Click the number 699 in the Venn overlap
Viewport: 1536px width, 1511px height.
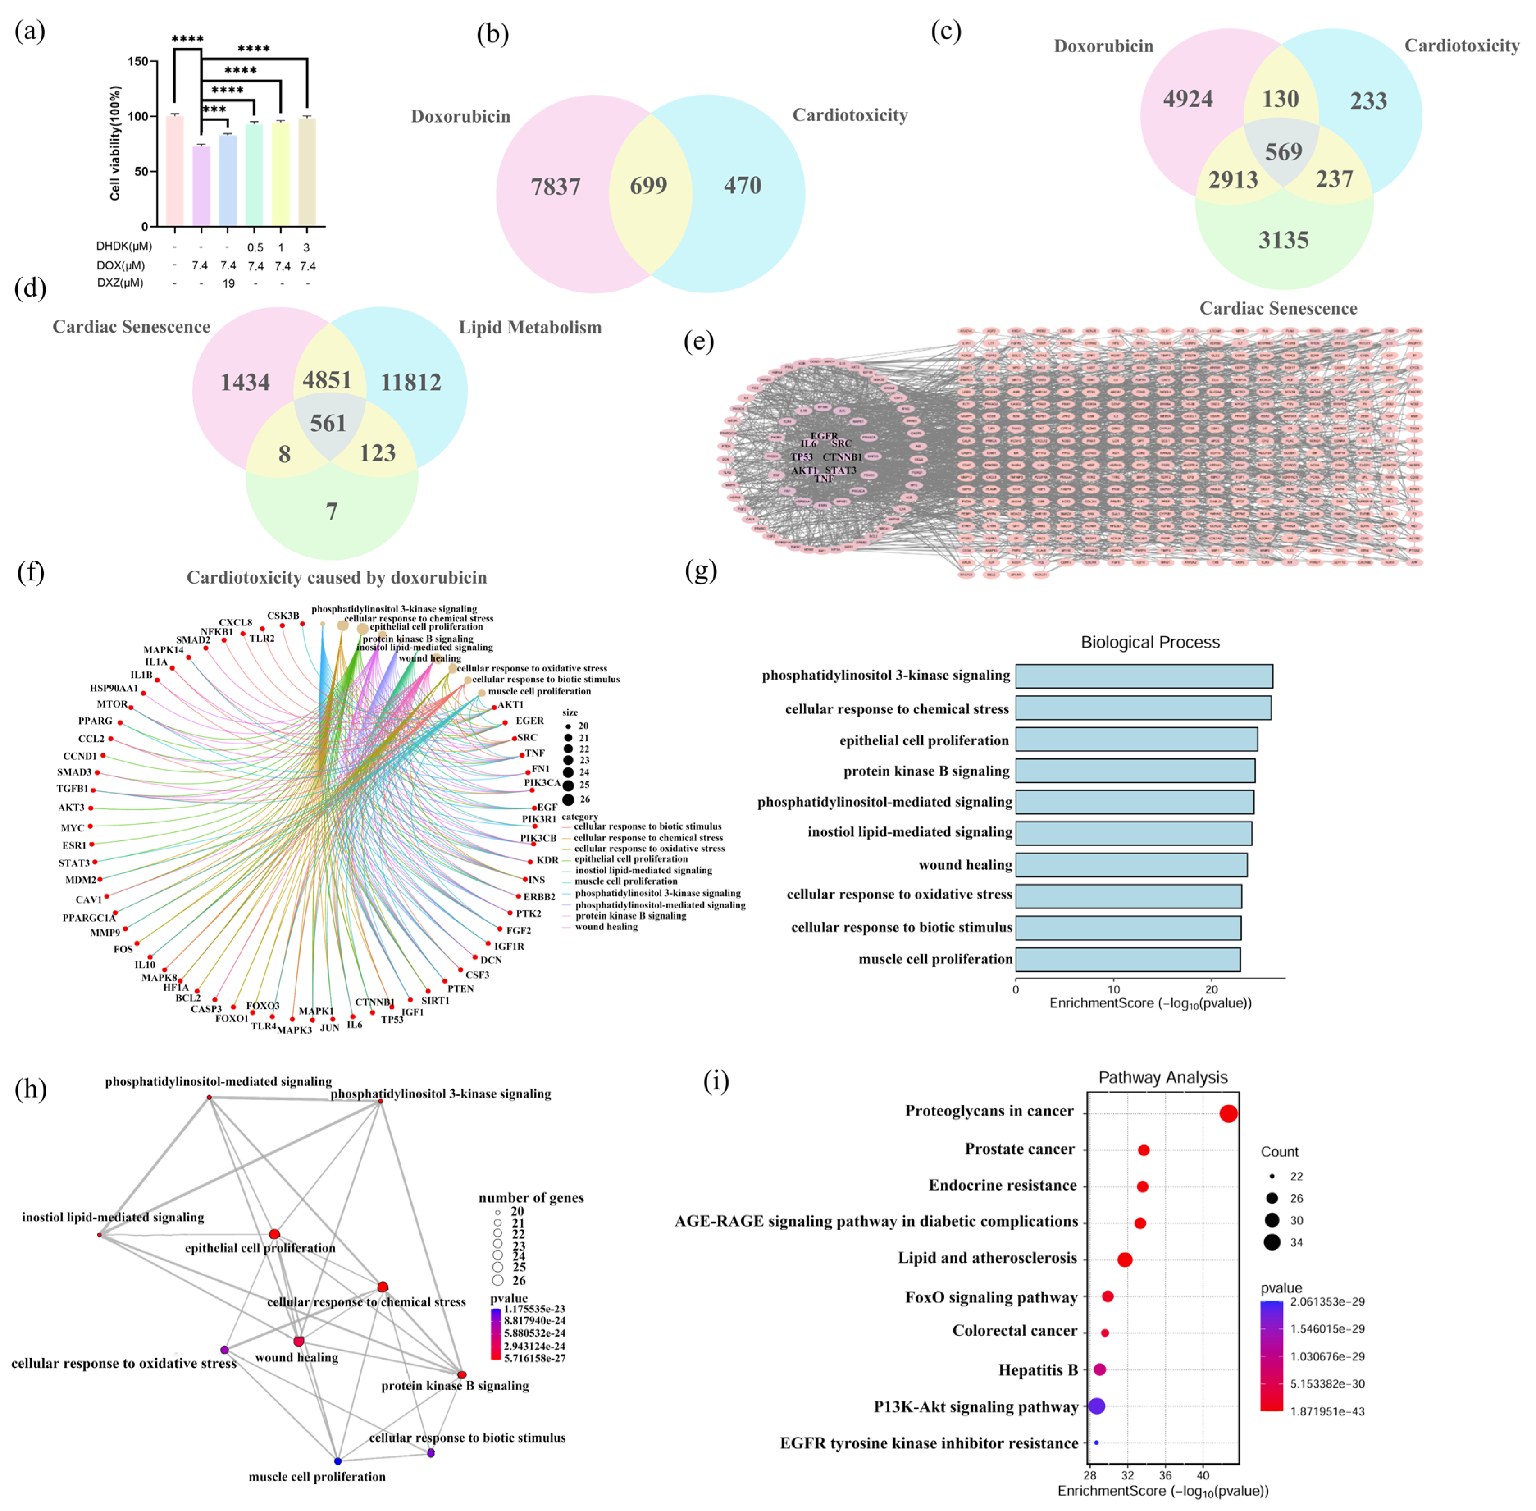(648, 186)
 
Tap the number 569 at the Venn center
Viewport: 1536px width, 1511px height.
(1283, 152)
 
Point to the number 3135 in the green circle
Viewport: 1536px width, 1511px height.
(1283, 240)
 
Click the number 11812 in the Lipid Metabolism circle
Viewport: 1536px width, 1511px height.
(410, 383)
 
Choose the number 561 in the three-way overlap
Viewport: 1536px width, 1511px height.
(328, 423)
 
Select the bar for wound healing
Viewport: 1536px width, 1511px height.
(1130, 864)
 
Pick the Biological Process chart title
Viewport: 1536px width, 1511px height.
(1150, 642)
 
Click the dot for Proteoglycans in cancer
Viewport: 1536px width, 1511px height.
(1227, 1114)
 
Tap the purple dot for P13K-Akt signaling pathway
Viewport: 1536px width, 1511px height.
(1096, 1406)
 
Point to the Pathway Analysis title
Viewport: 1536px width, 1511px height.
(1162, 1077)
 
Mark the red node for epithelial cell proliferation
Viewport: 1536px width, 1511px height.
(274, 1234)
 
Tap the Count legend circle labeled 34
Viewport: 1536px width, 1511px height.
(1272, 1242)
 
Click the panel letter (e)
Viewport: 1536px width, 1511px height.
(698, 341)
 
